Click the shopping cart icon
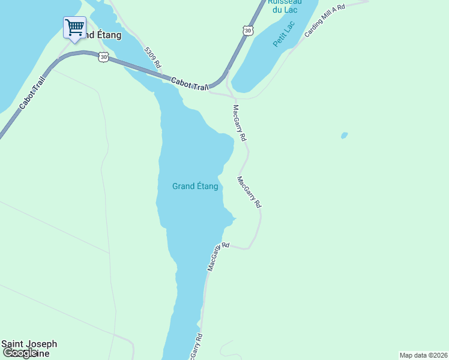click(x=74, y=27)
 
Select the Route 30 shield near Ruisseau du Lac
click(x=248, y=29)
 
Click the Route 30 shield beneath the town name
click(x=104, y=57)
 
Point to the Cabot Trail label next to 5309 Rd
click(x=189, y=84)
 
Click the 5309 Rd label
click(x=152, y=57)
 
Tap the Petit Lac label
click(x=284, y=34)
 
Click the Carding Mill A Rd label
click(x=325, y=21)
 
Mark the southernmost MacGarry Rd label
click(x=196, y=346)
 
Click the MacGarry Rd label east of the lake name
click(x=249, y=192)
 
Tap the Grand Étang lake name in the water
click(x=195, y=186)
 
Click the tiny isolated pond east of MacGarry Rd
click(x=344, y=136)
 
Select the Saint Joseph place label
click(x=29, y=344)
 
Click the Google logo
click(x=20, y=353)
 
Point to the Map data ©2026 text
click(x=423, y=355)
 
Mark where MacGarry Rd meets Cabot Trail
click(x=231, y=94)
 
